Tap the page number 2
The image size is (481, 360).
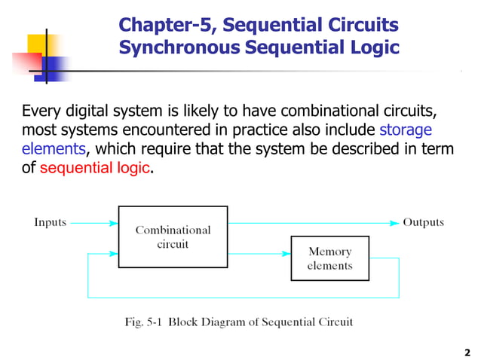[467, 352]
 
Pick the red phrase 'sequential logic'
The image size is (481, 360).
[94, 168]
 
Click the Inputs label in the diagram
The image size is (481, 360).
[51, 222]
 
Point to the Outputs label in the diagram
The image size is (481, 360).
[423, 222]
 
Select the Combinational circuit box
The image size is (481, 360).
[173, 236]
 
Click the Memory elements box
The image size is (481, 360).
[329, 258]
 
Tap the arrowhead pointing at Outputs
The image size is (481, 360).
[394, 223]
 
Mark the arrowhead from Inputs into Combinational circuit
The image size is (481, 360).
[114, 223]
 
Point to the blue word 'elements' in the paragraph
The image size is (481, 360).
[54, 149]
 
